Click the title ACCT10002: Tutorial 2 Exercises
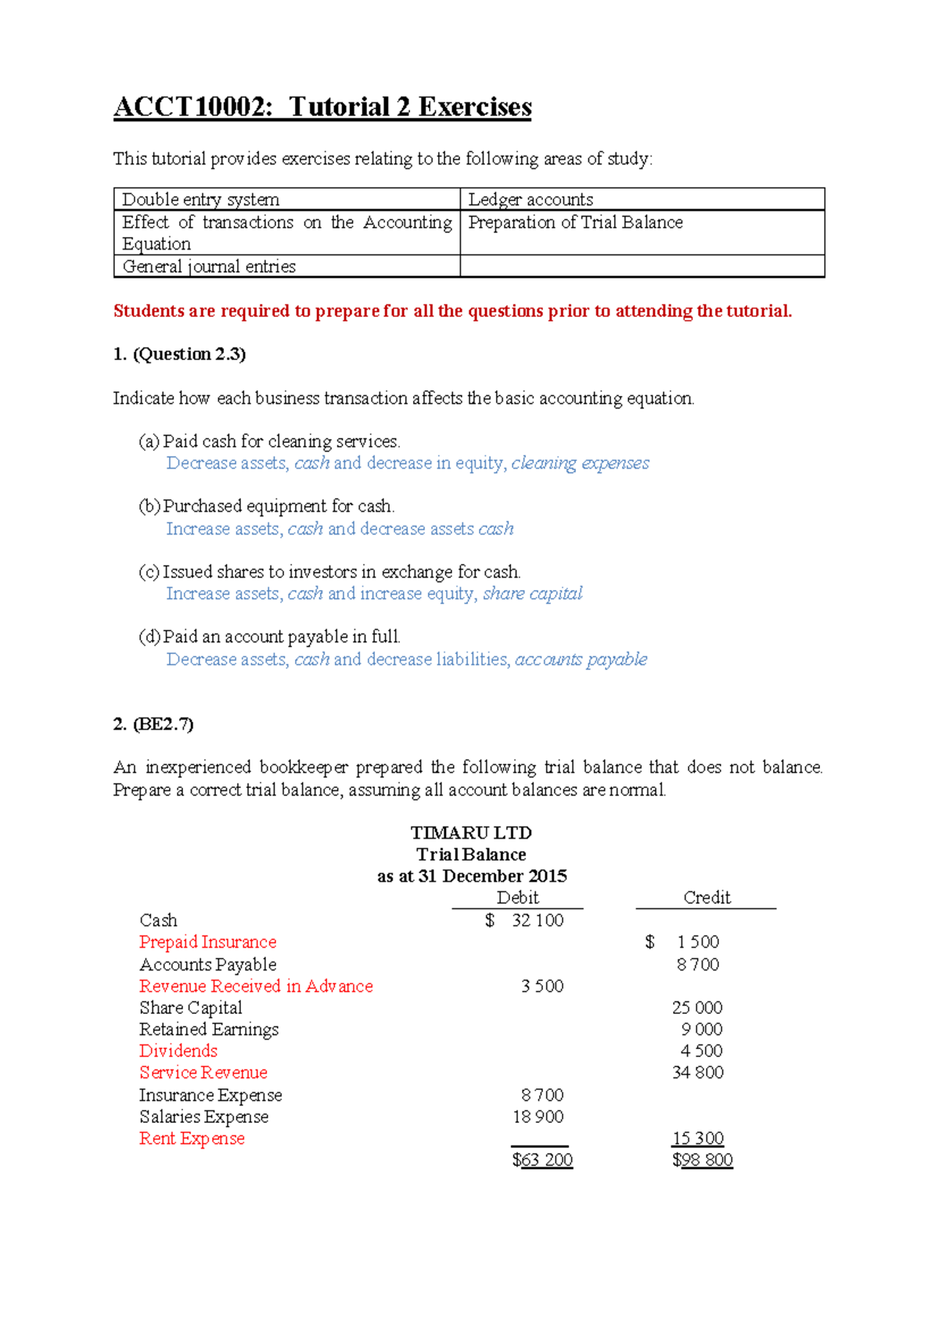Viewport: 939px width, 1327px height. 322,107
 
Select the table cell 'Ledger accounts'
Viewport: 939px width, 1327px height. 531,200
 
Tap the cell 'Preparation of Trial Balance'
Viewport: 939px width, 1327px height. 575,223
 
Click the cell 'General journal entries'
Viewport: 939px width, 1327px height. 209,267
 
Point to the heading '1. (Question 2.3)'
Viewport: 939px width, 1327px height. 179,354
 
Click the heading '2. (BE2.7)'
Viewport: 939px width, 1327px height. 153,724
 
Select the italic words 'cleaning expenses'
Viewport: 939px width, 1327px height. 580,463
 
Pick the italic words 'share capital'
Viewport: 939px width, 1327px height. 532,594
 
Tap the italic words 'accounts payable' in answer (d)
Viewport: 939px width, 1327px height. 581,660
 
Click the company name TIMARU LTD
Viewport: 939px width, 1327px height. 471,833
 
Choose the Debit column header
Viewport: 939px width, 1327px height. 517,897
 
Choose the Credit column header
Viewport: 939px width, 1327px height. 707,897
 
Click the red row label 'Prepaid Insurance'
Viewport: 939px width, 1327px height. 207,942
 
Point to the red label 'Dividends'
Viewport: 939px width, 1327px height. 178,1051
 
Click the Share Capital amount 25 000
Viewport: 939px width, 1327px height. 696,1008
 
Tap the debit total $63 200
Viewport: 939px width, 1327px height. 542,1160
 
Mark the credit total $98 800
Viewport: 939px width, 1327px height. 702,1160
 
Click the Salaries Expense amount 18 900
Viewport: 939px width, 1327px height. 538,1117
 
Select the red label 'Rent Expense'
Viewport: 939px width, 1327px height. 192,1138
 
